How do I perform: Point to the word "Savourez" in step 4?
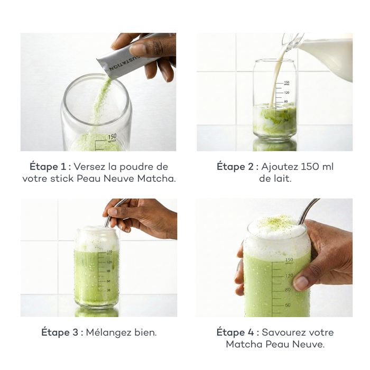[x=284, y=332]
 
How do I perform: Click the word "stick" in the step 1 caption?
[x=63, y=179]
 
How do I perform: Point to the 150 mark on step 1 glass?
[x=112, y=137]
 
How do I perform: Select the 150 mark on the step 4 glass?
[x=289, y=260]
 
